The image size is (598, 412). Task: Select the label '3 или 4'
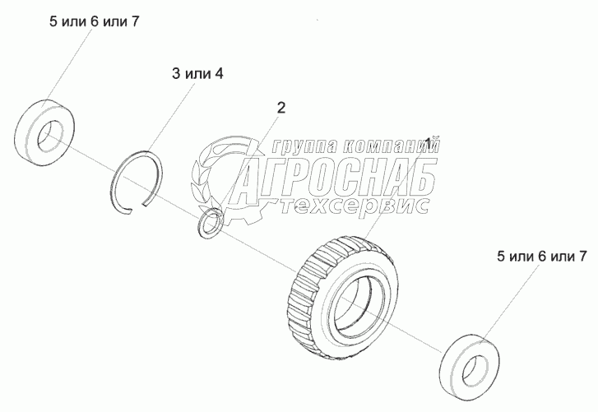tap(197, 74)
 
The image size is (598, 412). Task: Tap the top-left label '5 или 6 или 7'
tap(93, 21)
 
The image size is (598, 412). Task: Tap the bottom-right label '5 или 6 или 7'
tap(540, 257)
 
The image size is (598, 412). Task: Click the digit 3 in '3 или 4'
tap(176, 74)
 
